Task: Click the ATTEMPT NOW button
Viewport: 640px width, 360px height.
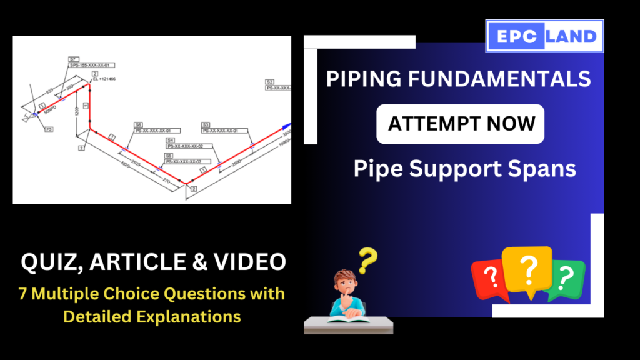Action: pyautogui.click(x=461, y=124)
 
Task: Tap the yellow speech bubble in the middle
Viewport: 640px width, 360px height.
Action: pyautogui.click(x=528, y=269)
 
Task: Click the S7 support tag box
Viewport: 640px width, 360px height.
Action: pyautogui.click(x=72, y=59)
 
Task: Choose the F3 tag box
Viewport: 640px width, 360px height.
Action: pyautogui.click(x=49, y=129)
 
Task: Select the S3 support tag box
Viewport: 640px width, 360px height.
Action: pyautogui.click(x=206, y=125)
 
